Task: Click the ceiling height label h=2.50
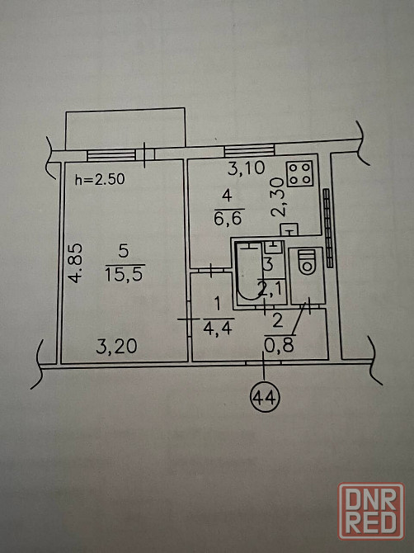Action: tap(100, 179)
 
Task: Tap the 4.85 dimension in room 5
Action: tap(75, 262)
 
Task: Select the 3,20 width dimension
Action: tap(116, 347)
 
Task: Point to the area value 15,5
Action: tap(124, 274)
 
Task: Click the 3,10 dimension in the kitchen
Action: tap(246, 168)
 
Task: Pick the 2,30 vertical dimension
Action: tap(278, 196)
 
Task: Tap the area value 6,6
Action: tap(228, 218)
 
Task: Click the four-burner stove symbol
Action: tap(300, 174)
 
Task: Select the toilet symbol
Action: tap(307, 262)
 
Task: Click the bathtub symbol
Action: tap(249, 271)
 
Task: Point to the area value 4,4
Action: tap(218, 328)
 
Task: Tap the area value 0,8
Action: tap(279, 346)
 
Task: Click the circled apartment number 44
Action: tap(265, 399)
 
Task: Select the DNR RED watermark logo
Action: tap(371, 511)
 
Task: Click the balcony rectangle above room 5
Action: tap(125, 130)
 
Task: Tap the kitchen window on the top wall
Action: tap(249, 150)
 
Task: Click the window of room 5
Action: tap(111, 155)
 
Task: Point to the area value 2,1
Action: tap(270, 290)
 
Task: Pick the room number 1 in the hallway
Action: tap(217, 304)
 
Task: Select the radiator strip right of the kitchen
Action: tap(328, 228)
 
